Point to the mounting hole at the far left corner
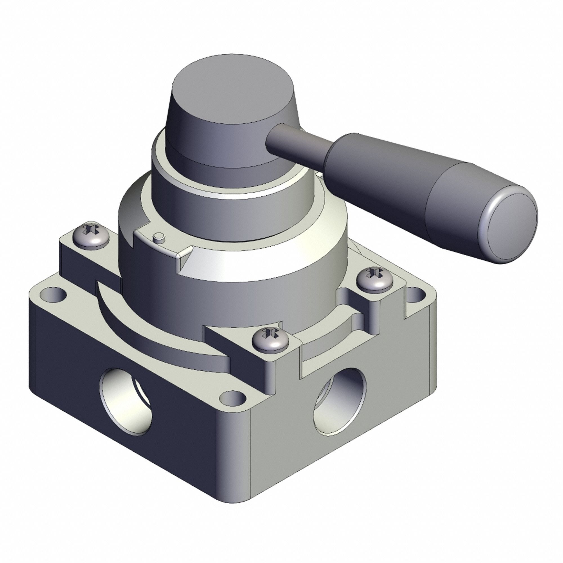pyautogui.click(x=54, y=295)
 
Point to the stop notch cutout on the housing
pyautogui.click(x=163, y=245)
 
